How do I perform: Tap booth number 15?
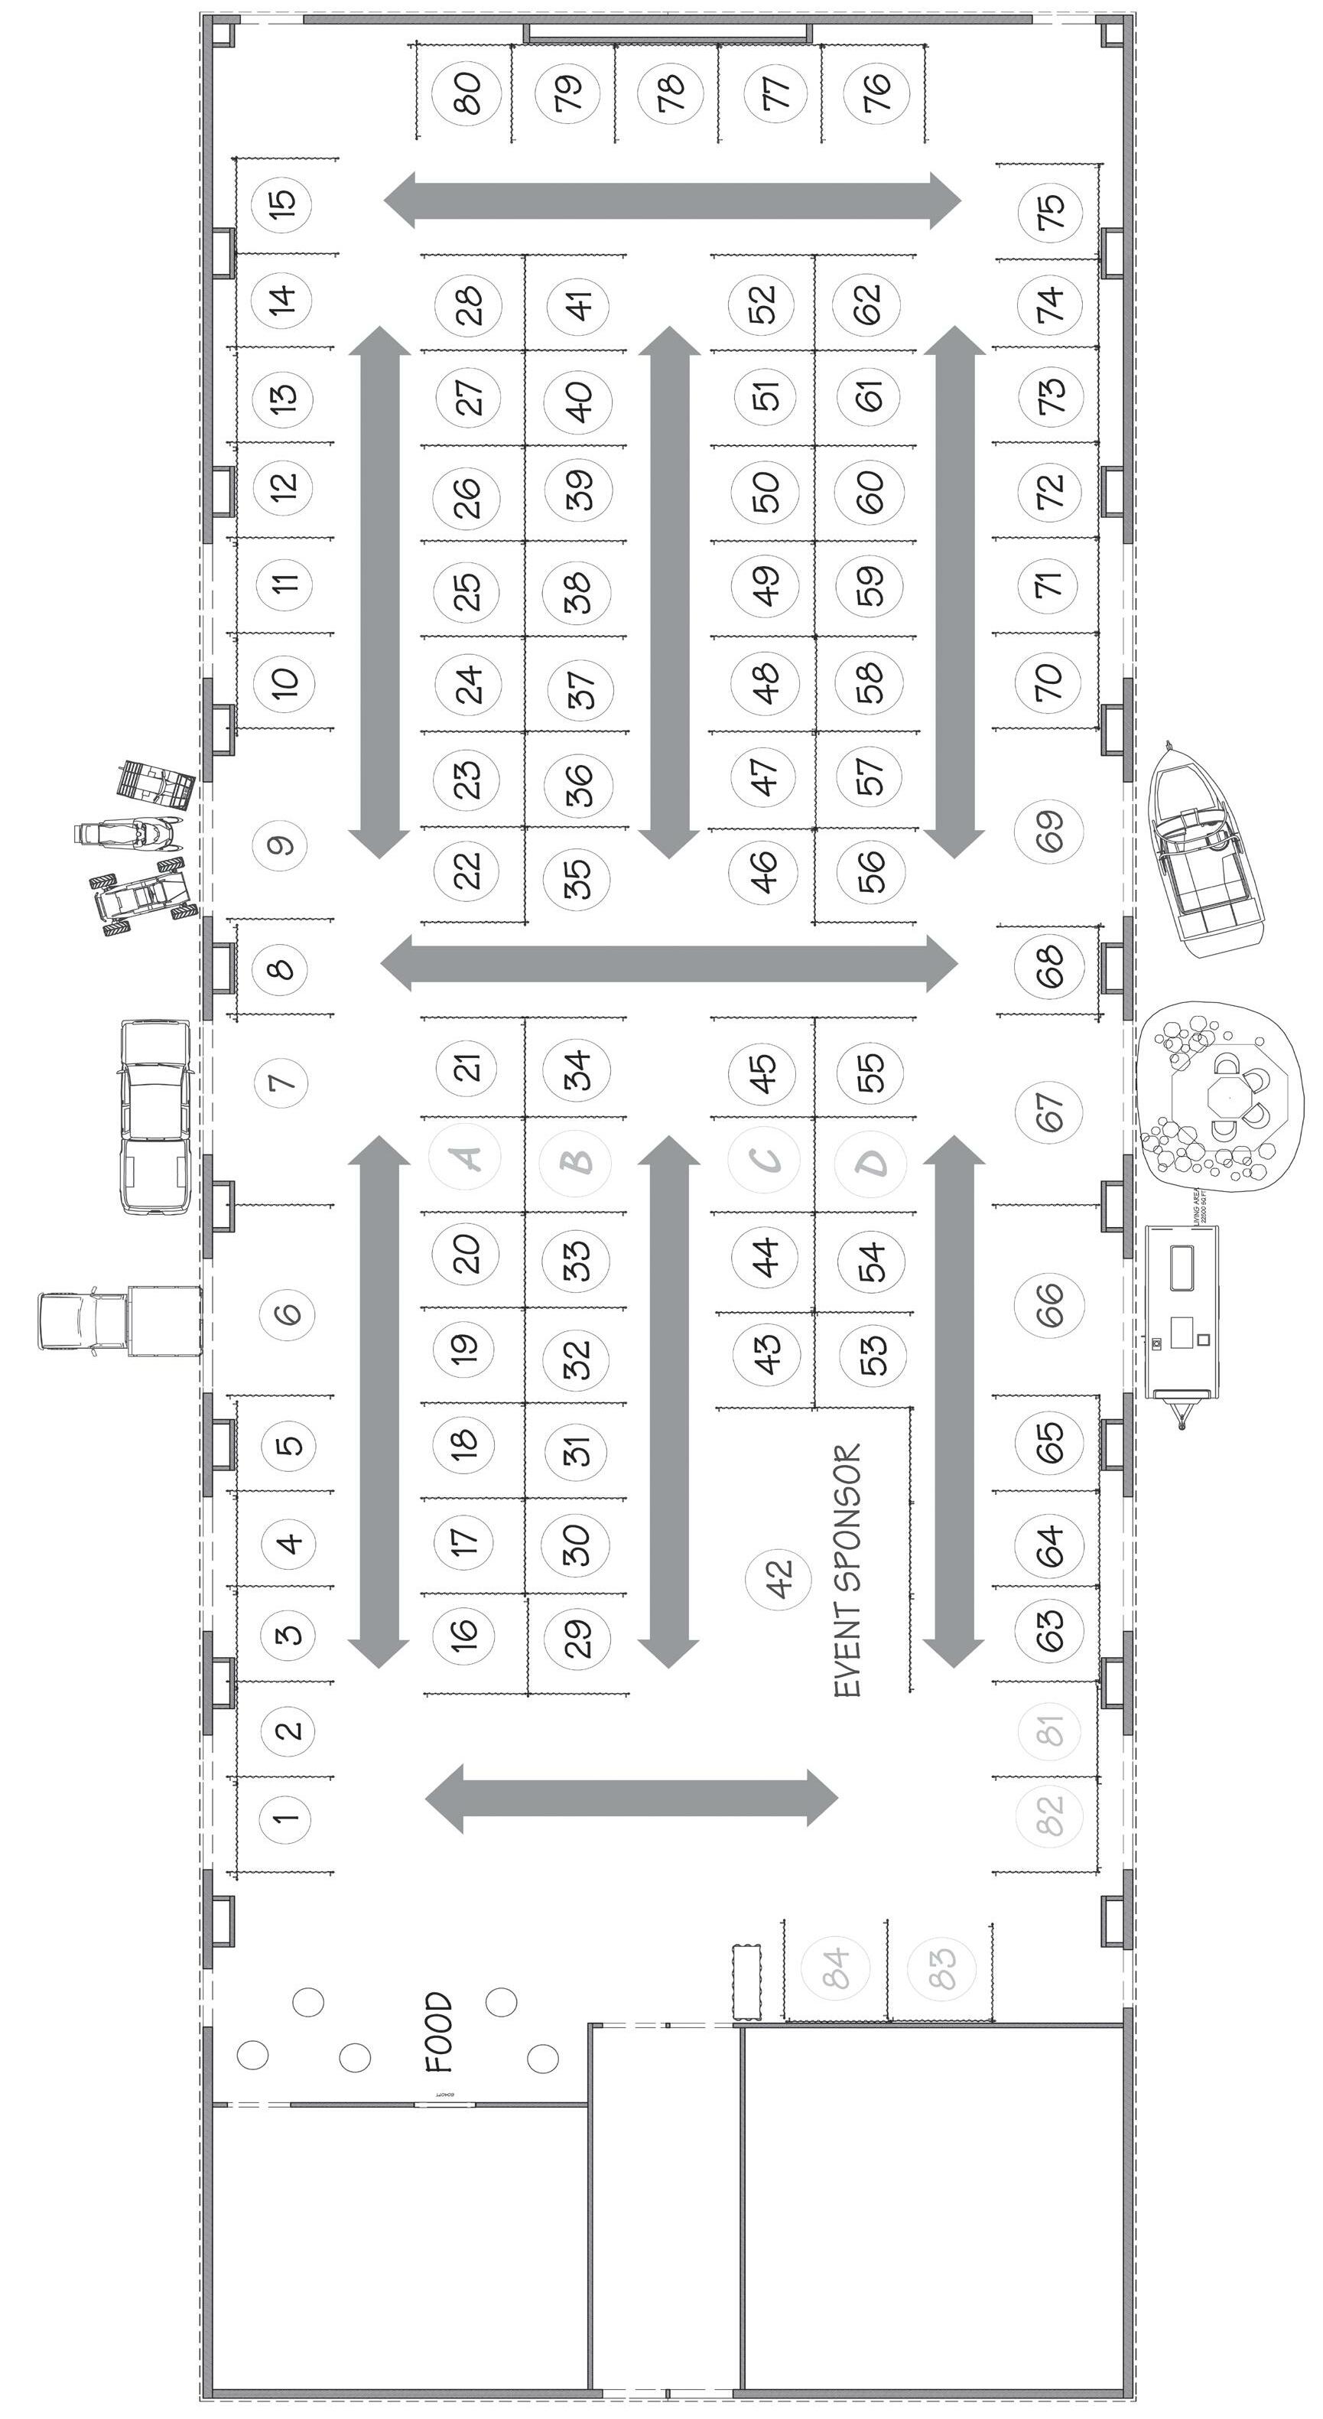[x=283, y=202]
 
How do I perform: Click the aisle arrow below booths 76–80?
[x=672, y=200]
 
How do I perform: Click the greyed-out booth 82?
[x=1050, y=1815]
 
